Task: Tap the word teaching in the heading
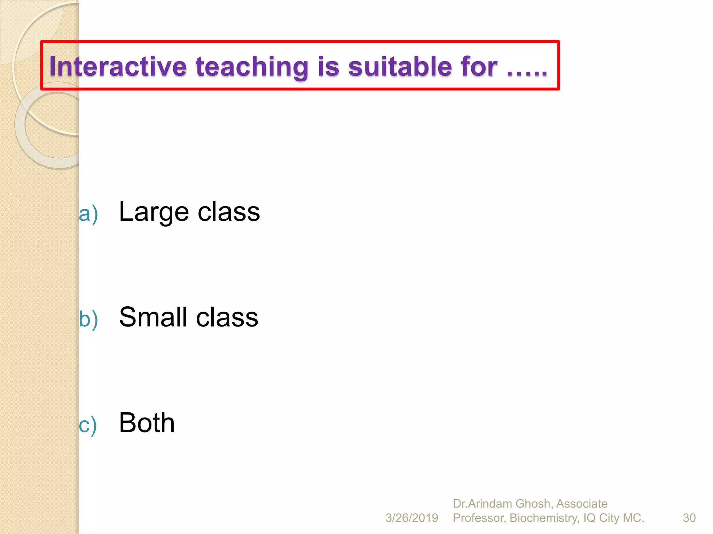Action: (x=252, y=66)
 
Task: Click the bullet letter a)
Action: (x=88, y=213)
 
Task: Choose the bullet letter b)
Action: (x=88, y=319)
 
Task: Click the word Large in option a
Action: (x=154, y=212)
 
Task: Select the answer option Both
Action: (x=147, y=422)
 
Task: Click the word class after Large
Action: (x=229, y=212)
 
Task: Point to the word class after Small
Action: (x=227, y=317)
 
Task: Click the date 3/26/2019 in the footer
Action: (x=412, y=518)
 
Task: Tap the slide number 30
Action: (x=689, y=518)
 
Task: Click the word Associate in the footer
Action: (x=582, y=504)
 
